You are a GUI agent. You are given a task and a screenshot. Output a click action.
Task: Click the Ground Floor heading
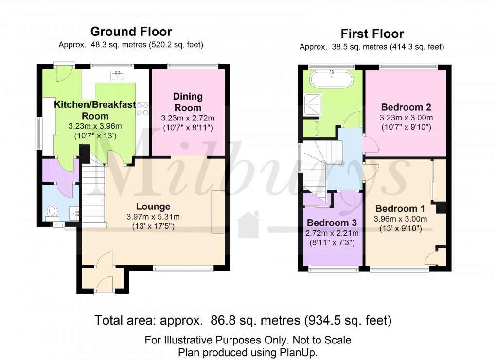(131, 32)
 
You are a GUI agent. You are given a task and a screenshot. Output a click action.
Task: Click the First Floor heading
(372, 34)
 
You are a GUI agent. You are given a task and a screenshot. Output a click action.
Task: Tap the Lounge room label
(153, 206)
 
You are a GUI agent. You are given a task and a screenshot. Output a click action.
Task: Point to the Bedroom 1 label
(400, 208)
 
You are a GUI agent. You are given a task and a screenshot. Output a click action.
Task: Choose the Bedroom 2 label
(406, 107)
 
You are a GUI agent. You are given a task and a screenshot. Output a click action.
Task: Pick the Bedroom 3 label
(331, 223)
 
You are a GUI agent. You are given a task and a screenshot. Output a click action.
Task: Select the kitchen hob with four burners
(142, 109)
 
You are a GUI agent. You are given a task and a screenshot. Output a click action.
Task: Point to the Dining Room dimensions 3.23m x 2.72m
(188, 118)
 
